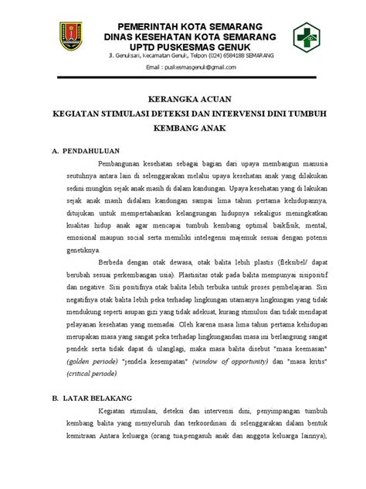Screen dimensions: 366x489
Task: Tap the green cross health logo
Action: click(x=310, y=36)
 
